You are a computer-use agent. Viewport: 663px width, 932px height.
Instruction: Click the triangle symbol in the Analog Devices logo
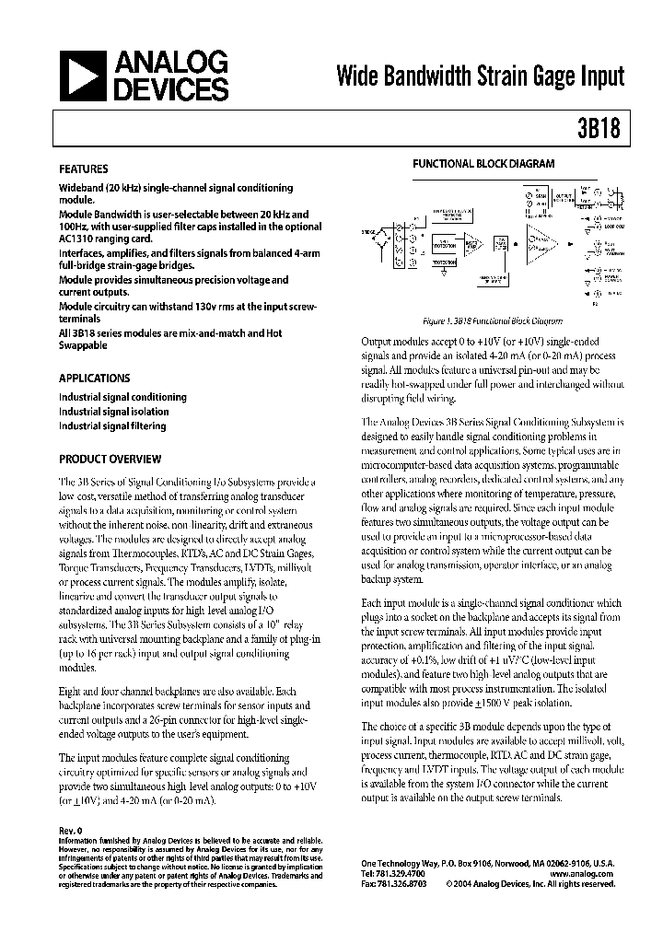(x=82, y=76)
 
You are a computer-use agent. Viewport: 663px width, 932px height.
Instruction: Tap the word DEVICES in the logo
(x=171, y=89)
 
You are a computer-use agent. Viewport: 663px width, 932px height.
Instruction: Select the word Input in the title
(x=599, y=76)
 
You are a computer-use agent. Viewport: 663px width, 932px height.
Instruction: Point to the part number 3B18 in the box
(x=603, y=130)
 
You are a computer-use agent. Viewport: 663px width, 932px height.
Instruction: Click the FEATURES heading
(x=84, y=169)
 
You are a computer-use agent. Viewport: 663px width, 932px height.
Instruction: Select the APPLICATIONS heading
(x=95, y=379)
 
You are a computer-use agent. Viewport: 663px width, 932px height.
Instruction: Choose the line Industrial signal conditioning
(x=122, y=397)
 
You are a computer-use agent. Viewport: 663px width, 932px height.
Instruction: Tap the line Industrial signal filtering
(x=112, y=426)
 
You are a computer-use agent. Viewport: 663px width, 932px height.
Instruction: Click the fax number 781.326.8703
(x=398, y=883)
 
